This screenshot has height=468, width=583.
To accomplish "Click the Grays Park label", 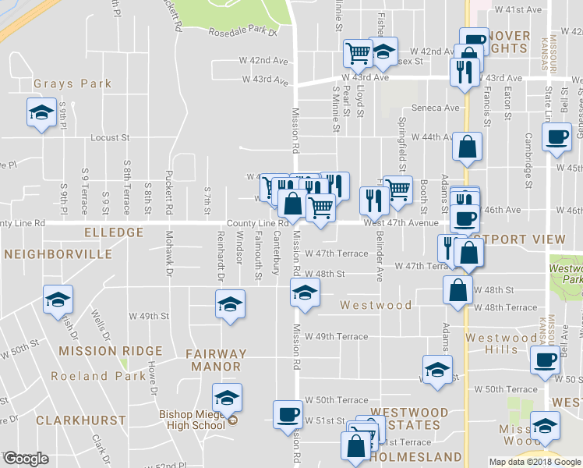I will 72,83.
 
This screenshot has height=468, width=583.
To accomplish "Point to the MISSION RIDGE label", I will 111,352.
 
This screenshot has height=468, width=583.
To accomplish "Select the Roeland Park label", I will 90,376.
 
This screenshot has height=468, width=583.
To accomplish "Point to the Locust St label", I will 110,137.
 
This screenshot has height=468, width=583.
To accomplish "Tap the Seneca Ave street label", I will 440,108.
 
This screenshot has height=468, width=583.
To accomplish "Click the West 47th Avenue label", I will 401,223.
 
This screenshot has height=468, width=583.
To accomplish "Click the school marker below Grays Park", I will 41,113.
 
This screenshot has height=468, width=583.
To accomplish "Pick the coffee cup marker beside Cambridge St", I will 556,137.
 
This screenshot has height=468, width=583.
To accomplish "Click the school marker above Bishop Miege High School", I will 228,399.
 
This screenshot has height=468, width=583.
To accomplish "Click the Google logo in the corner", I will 26,459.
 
